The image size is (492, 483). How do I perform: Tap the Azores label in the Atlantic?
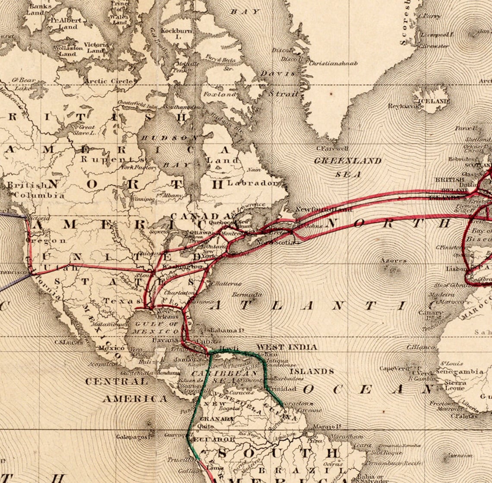(393, 261)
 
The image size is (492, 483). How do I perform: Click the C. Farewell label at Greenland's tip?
(332, 149)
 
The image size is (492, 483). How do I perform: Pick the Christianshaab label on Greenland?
(333, 63)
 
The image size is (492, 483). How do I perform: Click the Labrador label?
(253, 183)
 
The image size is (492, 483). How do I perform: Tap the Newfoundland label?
(323, 209)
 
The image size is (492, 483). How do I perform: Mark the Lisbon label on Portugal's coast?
(456, 269)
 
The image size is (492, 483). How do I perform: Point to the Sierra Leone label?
(455, 385)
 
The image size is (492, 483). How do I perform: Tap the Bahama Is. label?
(224, 330)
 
